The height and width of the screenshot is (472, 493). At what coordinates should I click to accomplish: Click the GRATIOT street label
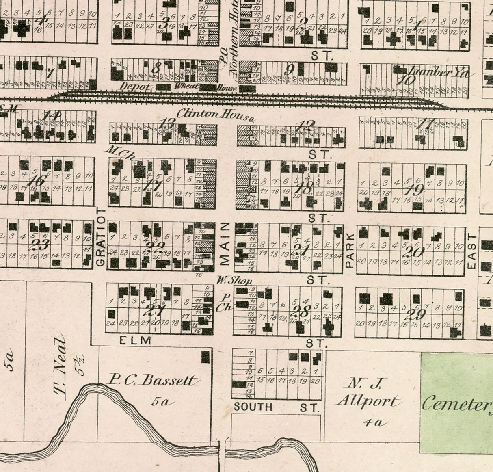pos(102,238)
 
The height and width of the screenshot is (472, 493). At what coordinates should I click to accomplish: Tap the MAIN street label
pos(226,244)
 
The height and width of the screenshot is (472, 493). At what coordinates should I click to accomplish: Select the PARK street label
pos(350,250)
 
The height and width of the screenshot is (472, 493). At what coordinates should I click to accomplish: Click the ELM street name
pos(136,340)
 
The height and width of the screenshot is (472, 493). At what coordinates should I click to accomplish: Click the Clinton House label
pos(215,116)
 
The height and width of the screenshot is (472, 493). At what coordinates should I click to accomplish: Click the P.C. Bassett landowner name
pos(154,381)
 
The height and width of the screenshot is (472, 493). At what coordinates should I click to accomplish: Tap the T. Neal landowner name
pos(60,367)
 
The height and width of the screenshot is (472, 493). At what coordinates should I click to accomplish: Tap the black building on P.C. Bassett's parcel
pos(206,357)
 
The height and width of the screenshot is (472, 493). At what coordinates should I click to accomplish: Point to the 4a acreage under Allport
pos(372,423)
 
